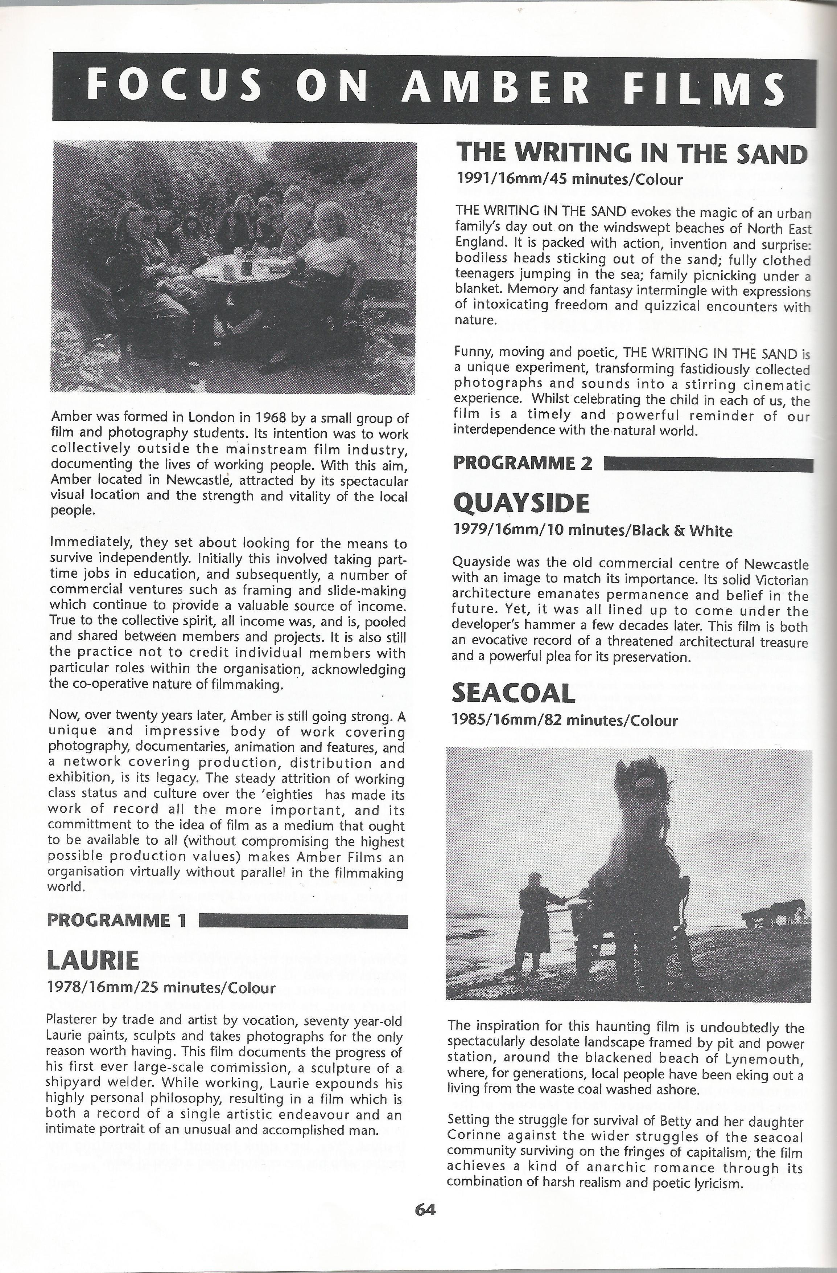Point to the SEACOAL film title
[513, 694]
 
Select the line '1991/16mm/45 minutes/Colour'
[569, 179]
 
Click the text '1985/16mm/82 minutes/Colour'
[565, 721]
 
